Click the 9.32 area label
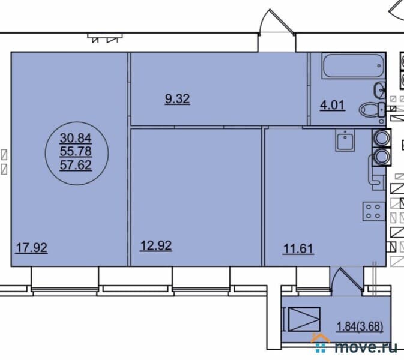click(177, 99)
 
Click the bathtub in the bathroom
click(352, 67)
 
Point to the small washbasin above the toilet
click(381, 91)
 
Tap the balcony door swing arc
click(345, 282)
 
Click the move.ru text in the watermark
click(367, 346)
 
